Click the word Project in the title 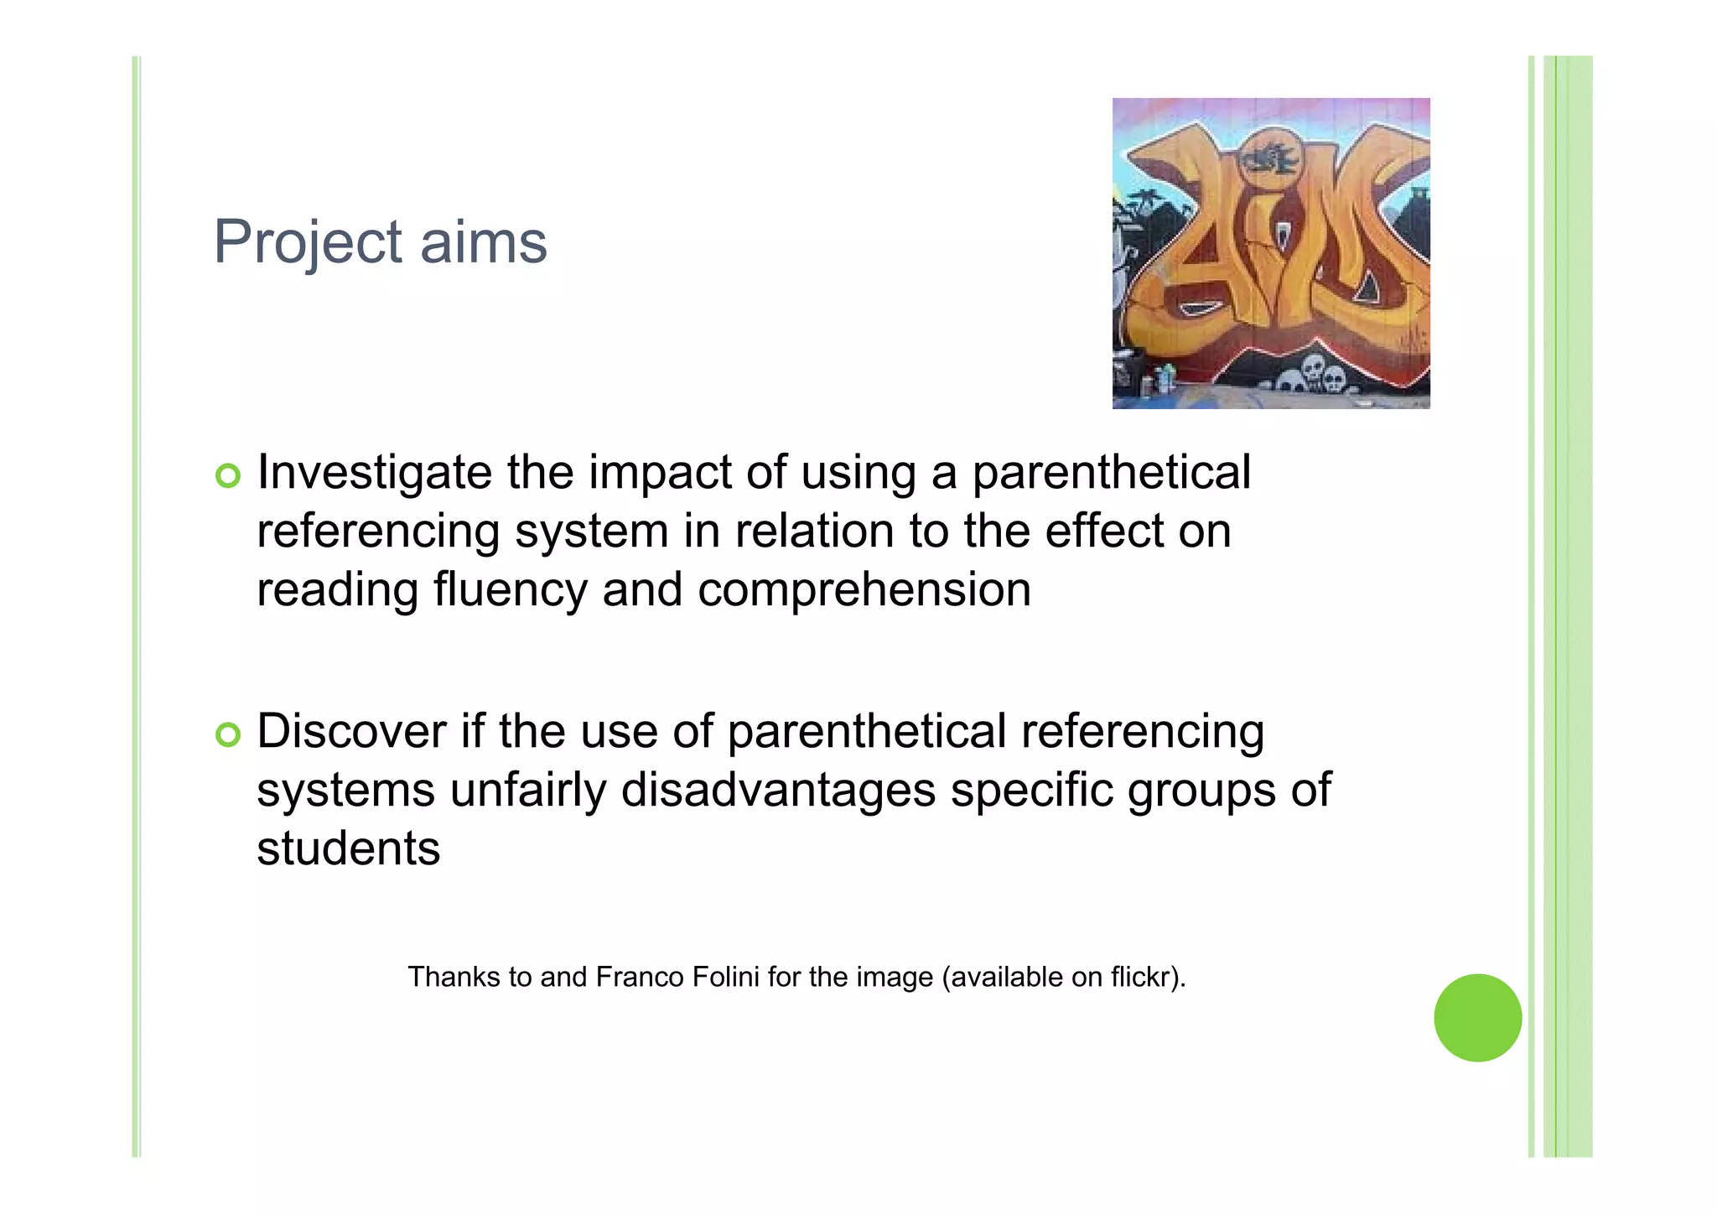(x=308, y=243)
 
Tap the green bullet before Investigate (x=228, y=475)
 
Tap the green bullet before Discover (x=228, y=734)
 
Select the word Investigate (x=374, y=473)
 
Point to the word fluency (x=511, y=589)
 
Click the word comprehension (x=864, y=591)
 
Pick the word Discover (x=351, y=731)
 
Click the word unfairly (x=527, y=791)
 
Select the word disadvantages (x=778, y=791)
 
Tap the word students (x=348, y=848)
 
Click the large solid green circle (x=1477, y=1018)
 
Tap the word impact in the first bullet (x=661, y=473)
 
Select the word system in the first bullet (x=592, y=532)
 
